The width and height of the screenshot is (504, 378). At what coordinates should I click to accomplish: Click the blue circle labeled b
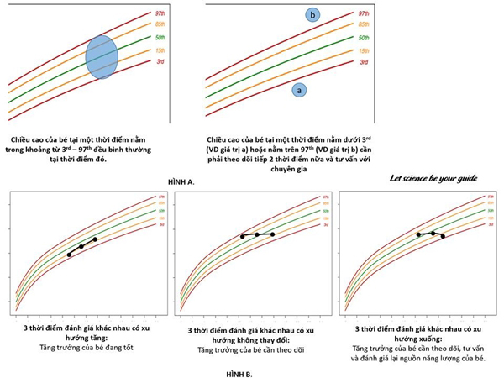tap(312, 15)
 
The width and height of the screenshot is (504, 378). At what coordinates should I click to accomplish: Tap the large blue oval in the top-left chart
tap(104, 56)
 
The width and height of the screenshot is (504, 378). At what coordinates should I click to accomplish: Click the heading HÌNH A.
tap(184, 180)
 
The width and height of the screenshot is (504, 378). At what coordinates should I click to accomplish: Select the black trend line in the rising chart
tap(81, 246)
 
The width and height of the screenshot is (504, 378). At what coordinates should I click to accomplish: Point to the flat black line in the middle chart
tap(257, 235)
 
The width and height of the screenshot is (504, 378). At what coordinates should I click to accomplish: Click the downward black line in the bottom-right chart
tap(430, 234)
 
